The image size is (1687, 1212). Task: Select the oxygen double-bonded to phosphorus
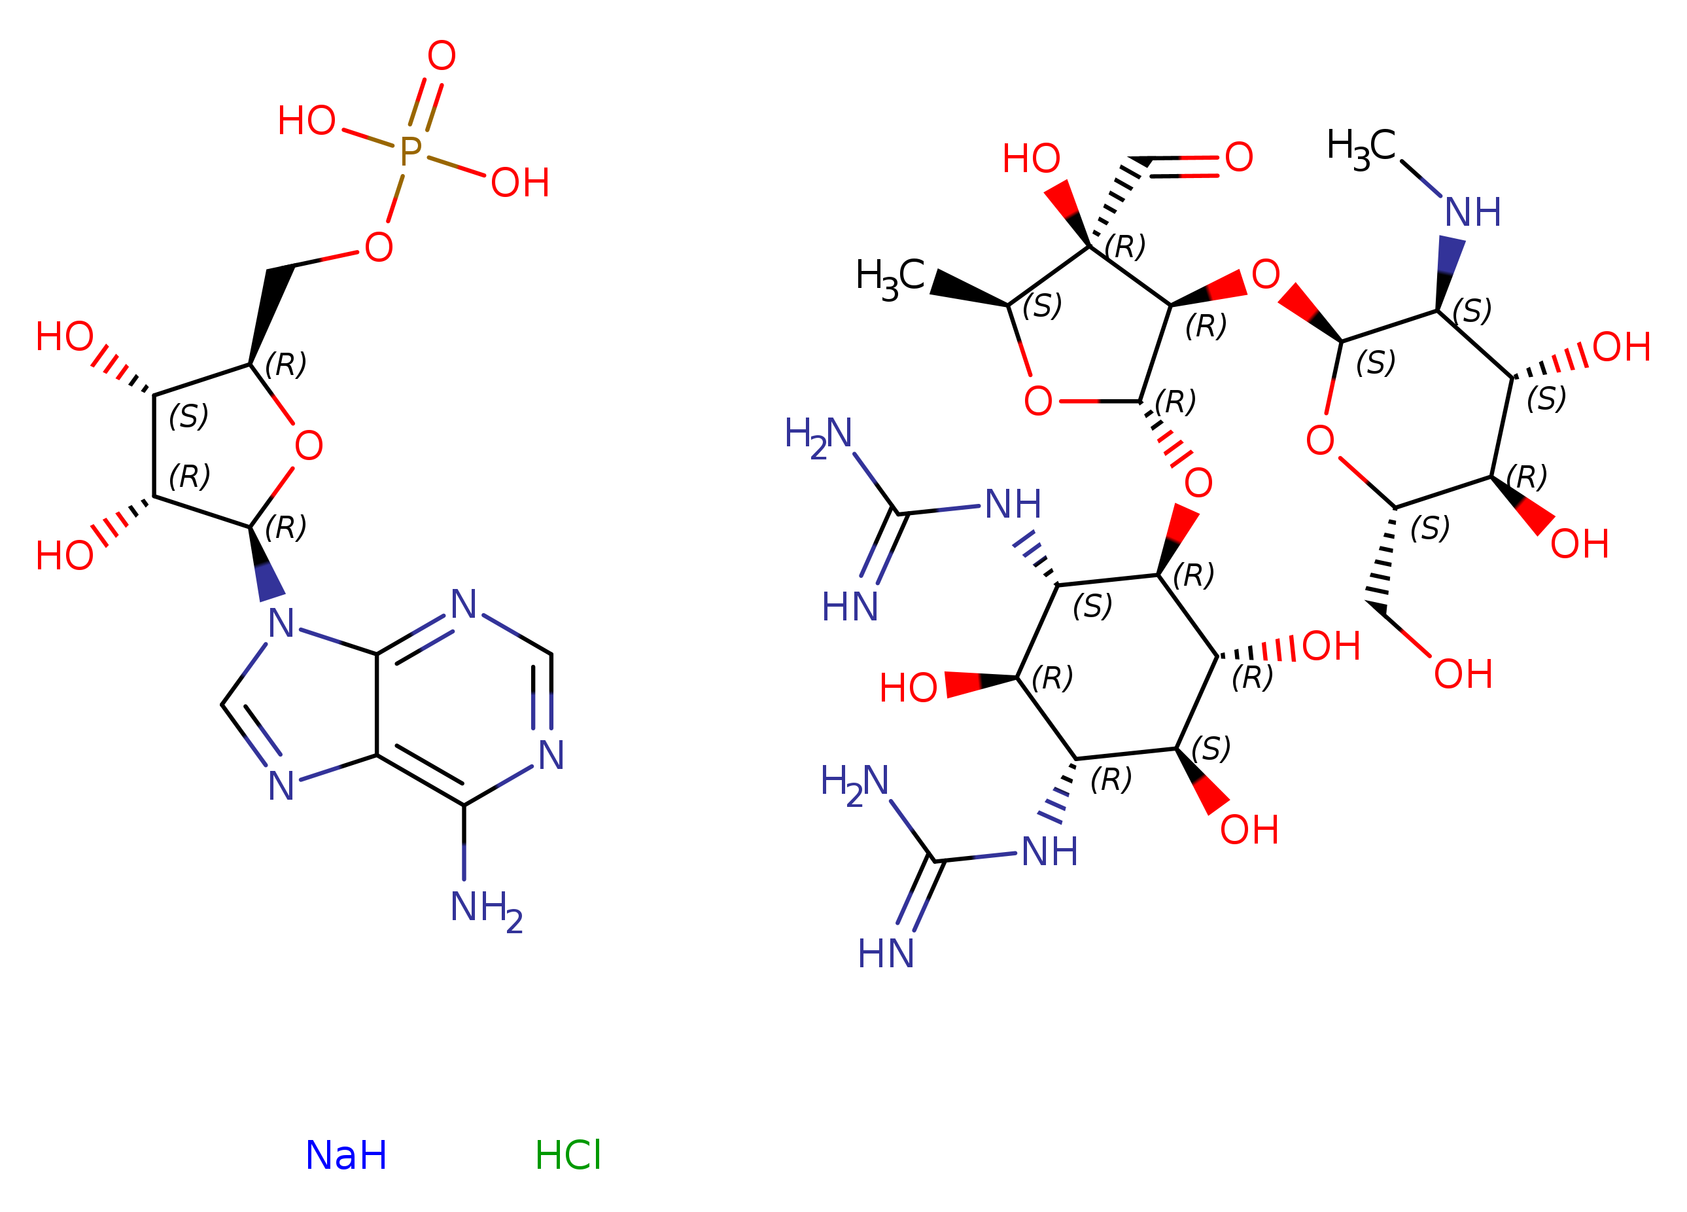(x=441, y=56)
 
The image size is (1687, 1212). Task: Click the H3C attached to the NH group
(x=1361, y=147)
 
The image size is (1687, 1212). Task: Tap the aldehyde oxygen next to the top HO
(x=1238, y=157)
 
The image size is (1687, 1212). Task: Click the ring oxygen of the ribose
(x=309, y=446)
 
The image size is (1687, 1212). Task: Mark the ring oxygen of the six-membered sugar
(x=1319, y=440)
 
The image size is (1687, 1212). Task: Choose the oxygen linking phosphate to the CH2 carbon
(x=379, y=247)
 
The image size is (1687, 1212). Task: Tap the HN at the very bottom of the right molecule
(x=885, y=954)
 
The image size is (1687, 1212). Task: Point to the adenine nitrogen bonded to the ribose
(x=281, y=624)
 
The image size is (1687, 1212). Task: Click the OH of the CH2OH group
(x=1463, y=674)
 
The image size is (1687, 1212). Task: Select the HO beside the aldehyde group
(x=1031, y=158)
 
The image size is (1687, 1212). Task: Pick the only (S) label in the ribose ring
(x=188, y=416)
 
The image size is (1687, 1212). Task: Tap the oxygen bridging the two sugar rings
(x=1265, y=275)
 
